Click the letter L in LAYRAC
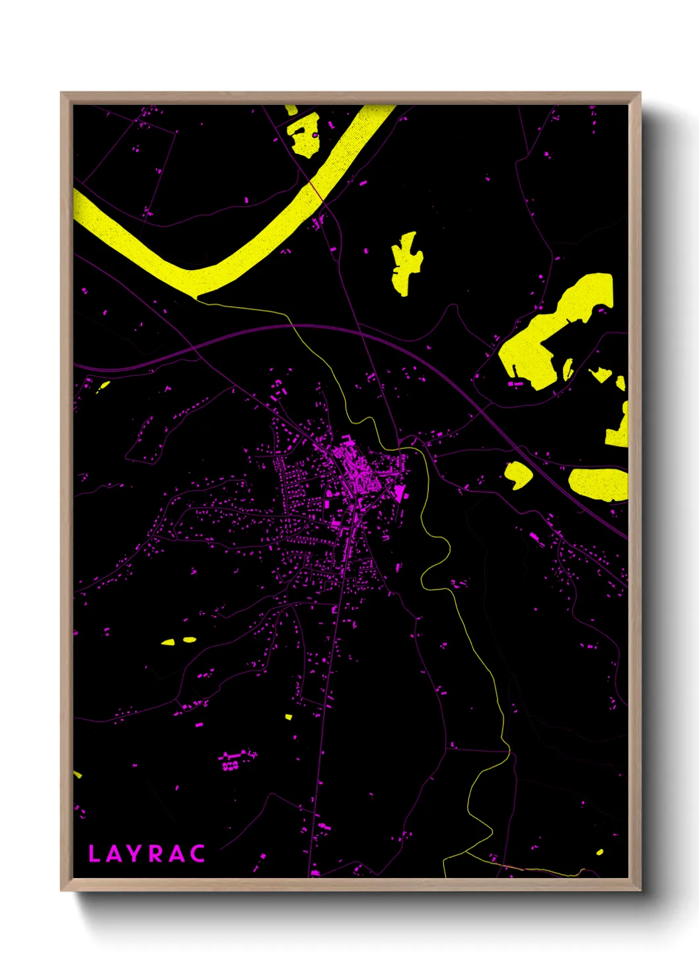pyautogui.click(x=94, y=854)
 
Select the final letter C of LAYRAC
pyautogui.click(x=198, y=854)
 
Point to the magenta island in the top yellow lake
pyautogui.click(x=315, y=135)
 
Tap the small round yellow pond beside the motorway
pyautogui.click(x=518, y=475)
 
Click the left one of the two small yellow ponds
pyautogui.click(x=168, y=642)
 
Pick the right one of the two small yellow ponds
pyautogui.click(x=189, y=639)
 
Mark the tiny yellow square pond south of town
pyautogui.click(x=288, y=716)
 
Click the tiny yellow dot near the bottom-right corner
pyautogui.click(x=599, y=852)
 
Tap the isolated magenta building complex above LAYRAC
pyautogui.click(x=231, y=760)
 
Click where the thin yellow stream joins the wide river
pyautogui.click(x=198, y=298)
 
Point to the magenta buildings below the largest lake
pyautogui.click(x=516, y=383)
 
